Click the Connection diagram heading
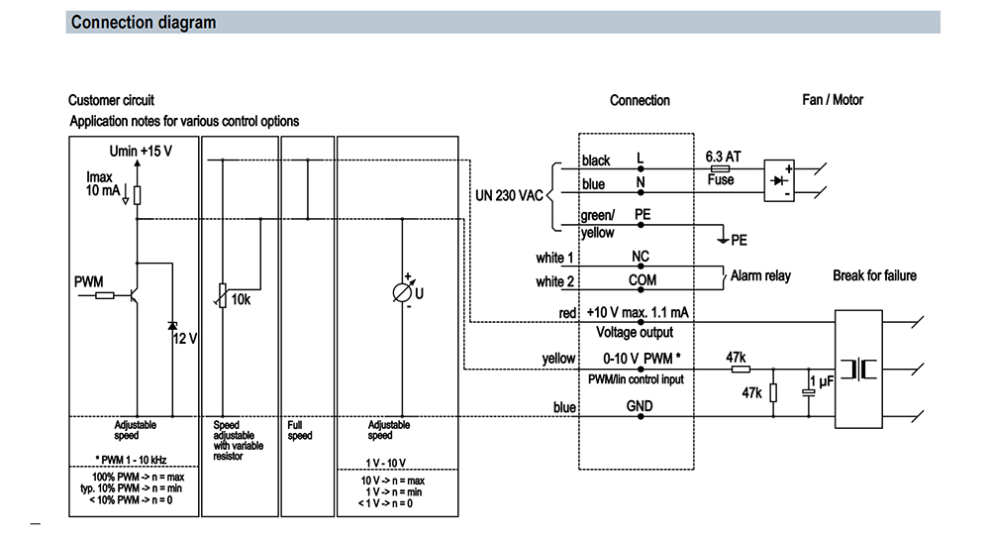[144, 22]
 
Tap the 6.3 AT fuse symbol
[720, 168]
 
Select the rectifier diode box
[779, 180]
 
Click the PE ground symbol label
[739, 240]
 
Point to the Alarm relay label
[760, 275]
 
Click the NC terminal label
[641, 256]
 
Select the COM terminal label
[643, 280]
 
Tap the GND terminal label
[640, 406]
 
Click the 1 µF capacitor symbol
[808, 392]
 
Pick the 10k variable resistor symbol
[222, 295]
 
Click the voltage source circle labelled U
[402, 292]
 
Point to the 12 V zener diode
[172, 326]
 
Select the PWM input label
[88, 282]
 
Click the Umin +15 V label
[141, 151]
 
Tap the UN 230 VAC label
[509, 195]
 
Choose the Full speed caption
[299, 431]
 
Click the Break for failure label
[874, 275]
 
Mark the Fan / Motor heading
[833, 100]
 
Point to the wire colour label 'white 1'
[554, 258]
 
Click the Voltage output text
[635, 332]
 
